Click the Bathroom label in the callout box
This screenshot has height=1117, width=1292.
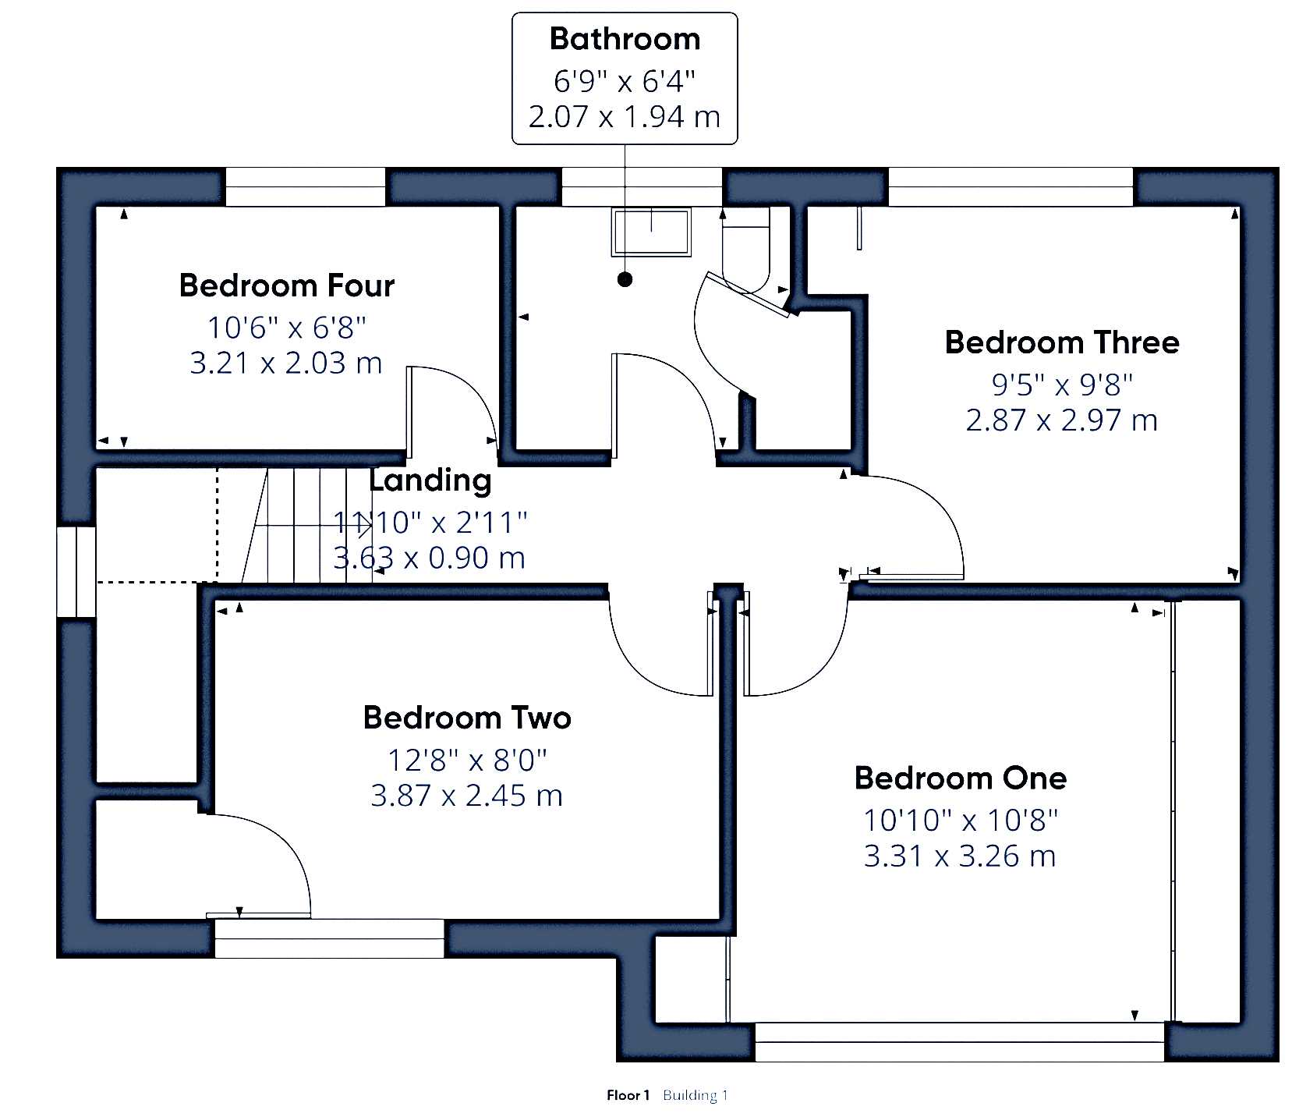point(625,39)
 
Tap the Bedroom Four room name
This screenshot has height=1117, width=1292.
point(287,285)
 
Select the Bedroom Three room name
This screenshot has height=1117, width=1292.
point(1062,342)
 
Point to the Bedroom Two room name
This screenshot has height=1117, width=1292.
point(467,718)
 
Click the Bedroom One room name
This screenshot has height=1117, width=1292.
point(961,778)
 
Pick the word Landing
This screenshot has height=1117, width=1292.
point(430,480)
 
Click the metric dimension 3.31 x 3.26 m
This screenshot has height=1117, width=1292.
point(960,856)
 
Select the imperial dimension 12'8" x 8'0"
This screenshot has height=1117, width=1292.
point(467,759)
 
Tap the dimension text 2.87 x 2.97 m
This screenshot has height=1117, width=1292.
point(1061,420)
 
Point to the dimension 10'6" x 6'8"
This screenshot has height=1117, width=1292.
point(287,328)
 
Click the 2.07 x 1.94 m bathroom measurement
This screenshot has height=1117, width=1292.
point(625,116)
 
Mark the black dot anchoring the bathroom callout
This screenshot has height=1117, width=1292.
point(625,279)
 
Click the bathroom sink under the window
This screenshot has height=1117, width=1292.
point(651,232)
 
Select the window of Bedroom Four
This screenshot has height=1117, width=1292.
point(306,187)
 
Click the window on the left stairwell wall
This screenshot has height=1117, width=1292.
point(76,572)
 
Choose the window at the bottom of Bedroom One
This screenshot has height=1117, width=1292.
point(960,1042)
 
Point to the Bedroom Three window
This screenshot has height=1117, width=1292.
point(1011,187)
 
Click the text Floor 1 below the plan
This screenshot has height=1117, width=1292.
point(628,1095)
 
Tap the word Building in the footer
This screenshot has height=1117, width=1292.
point(690,1096)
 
